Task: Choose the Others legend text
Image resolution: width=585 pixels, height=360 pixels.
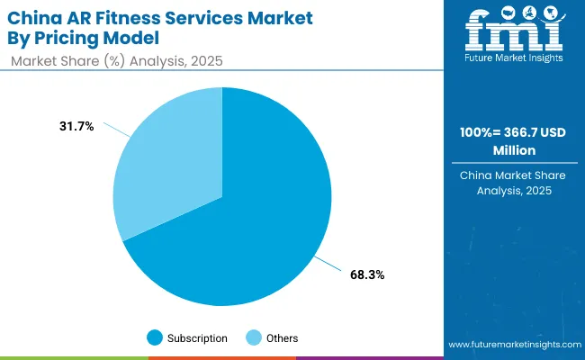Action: [282, 338]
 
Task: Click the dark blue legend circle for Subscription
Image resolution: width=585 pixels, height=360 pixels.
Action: [155, 338]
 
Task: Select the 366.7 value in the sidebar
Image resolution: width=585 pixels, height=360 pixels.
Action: [509, 133]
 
